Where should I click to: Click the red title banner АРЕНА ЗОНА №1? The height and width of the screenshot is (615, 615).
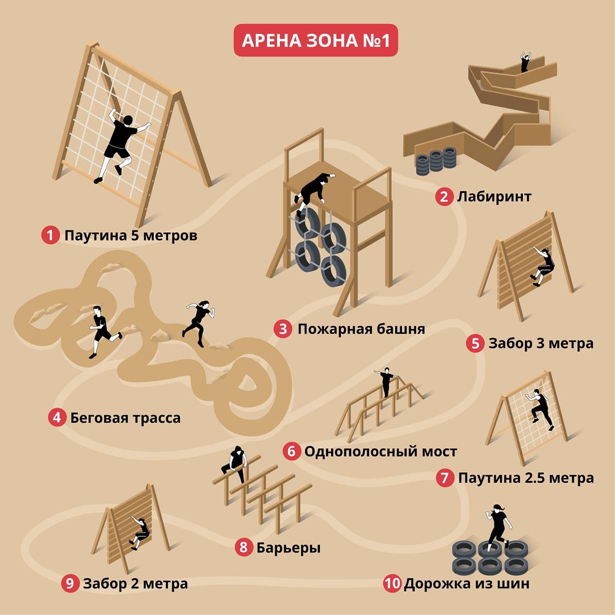pyautogui.click(x=316, y=41)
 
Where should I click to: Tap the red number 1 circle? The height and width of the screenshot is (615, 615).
pyautogui.click(x=51, y=235)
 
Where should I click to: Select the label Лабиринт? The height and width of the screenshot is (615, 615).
pyautogui.click(x=494, y=196)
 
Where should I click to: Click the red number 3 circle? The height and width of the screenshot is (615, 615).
pyautogui.click(x=283, y=329)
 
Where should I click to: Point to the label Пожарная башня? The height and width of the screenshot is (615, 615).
pyautogui.click(x=361, y=329)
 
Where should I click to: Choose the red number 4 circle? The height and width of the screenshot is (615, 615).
pyautogui.click(x=57, y=417)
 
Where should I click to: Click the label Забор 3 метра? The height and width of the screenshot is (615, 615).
pyautogui.click(x=541, y=344)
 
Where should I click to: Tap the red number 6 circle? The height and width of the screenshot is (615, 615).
pyautogui.click(x=291, y=451)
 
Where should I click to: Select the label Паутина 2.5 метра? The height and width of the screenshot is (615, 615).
pyautogui.click(x=526, y=478)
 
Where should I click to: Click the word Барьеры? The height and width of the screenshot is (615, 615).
pyautogui.click(x=288, y=547)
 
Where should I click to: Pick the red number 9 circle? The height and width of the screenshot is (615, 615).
pyautogui.click(x=70, y=583)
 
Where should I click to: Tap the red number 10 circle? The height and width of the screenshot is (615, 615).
pyautogui.click(x=393, y=583)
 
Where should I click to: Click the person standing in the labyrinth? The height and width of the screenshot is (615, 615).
pyautogui.click(x=525, y=62)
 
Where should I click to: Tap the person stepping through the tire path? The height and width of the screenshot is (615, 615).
pyautogui.click(x=497, y=526)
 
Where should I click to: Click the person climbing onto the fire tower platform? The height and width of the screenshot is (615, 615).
pyautogui.click(x=313, y=190)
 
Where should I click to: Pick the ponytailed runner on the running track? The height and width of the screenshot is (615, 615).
pyautogui.click(x=199, y=321)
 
